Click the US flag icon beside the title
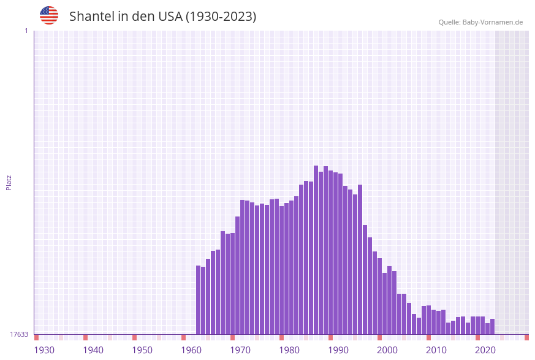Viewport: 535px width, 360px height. click(x=49, y=15)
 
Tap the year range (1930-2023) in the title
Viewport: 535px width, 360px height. click(x=221, y=17)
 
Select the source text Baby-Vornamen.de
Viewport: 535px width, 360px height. click(x=492, y=22)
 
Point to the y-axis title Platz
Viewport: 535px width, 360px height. click(x=9, y=182)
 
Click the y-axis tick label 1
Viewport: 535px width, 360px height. click(x=26, y=31)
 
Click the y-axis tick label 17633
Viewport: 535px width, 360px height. click(x=19, y=334)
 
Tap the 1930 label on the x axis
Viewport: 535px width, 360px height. click(x=44, y=350)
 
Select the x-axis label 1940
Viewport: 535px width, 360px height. click(x=93, y=350)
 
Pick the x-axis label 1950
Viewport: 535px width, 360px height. click(x=142, y=350)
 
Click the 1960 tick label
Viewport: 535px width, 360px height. click(x=191, y=350)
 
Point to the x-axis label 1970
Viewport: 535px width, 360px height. click(x=240, y=350)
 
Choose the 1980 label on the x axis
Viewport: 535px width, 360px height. click(x=289, y=350)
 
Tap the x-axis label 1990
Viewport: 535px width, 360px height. click(x=338, y=350)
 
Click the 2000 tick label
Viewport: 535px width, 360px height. click(x=387, y=350)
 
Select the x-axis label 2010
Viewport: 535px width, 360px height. click(x=436, y=350)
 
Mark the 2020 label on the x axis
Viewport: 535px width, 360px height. click(x=485, y=350)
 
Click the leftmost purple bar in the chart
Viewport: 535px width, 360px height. click(x=199, y=300)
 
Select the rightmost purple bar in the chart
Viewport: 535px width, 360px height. click(x=492, y=326)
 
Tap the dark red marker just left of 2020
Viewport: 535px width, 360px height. click(x=478, y=337)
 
